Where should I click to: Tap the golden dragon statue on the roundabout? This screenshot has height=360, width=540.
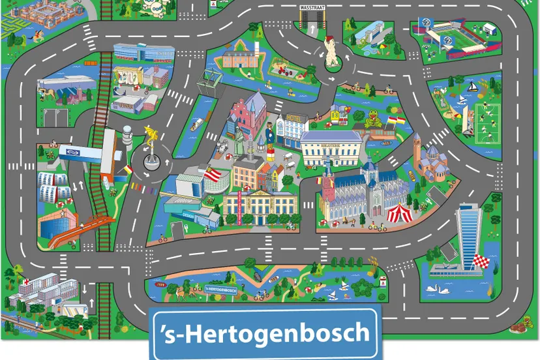click(x=151, y=139)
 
